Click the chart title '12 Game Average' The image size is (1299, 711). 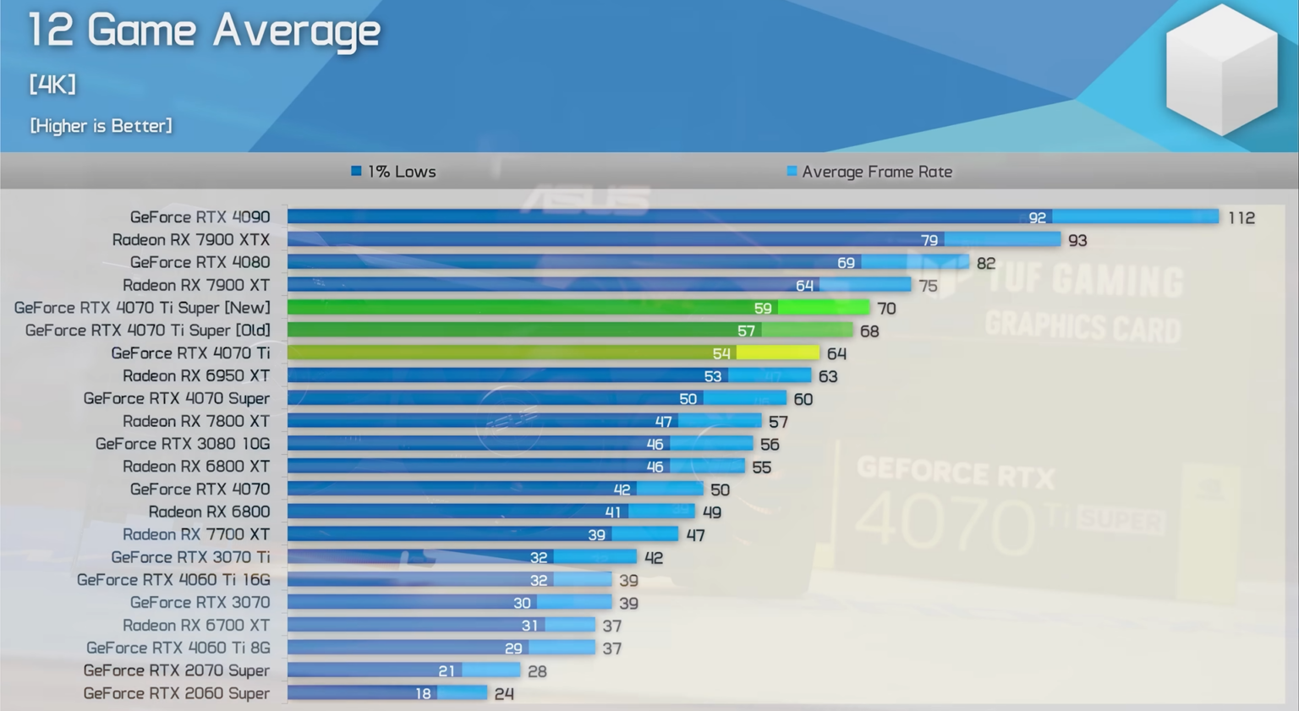pos(204,30)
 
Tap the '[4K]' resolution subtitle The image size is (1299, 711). pos(52,85)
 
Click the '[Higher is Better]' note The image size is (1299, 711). pos(101,126)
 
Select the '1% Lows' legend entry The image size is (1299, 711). pos(394,172)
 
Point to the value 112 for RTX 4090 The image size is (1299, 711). pos(1241,218)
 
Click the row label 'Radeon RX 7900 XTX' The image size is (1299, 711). pos(190,240)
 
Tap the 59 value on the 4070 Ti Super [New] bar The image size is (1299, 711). pos(762,309)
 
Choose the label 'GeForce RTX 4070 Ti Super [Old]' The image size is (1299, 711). pos(147,331)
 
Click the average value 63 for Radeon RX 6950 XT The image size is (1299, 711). pos(827,376)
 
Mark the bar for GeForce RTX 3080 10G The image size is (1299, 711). pos(519,444)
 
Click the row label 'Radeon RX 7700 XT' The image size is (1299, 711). pos(195,534)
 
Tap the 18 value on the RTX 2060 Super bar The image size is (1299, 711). pos(423,694)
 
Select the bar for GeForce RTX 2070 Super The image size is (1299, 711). pos(403,670)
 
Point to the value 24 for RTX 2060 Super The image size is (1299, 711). pos(504,694)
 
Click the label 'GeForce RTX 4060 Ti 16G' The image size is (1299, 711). pos(173,580)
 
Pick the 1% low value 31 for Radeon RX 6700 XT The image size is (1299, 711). pos(529,626)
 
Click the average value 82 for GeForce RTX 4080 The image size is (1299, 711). pos(985,264)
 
